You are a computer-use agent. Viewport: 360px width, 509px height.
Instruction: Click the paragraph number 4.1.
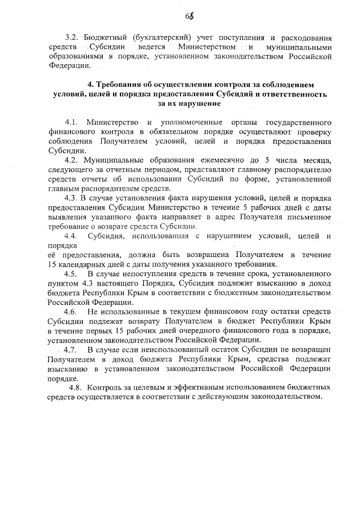(x=71, y=122)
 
